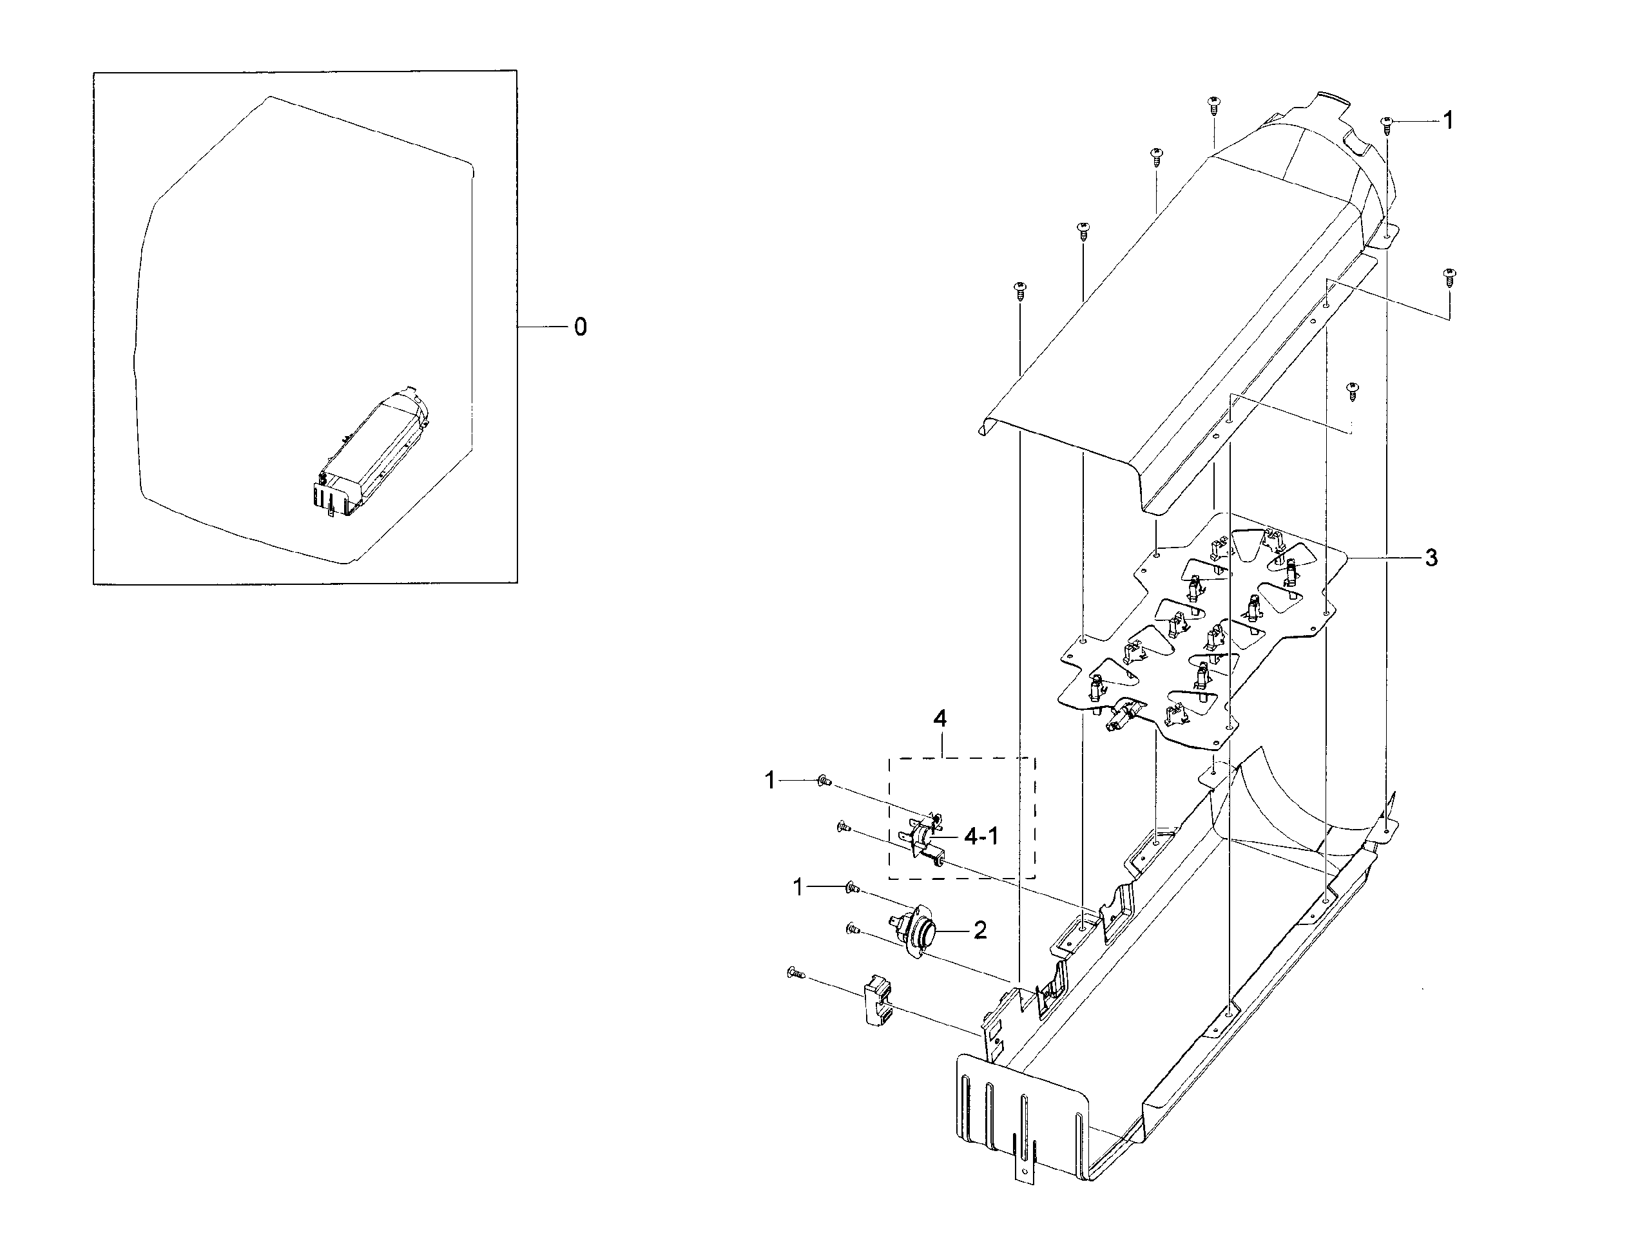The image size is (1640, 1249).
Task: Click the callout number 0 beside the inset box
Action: [x=580, y=327]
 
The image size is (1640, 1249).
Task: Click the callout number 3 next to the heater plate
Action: [x=1431, y=558]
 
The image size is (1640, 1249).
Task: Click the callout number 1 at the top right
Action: [x=1447, y=120]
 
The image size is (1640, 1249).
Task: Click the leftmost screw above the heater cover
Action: [x=1021, y=289]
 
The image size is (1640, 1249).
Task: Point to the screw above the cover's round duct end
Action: [x=1214, y=104]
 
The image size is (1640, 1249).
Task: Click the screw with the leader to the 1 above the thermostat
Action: [x=853, y=888]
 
